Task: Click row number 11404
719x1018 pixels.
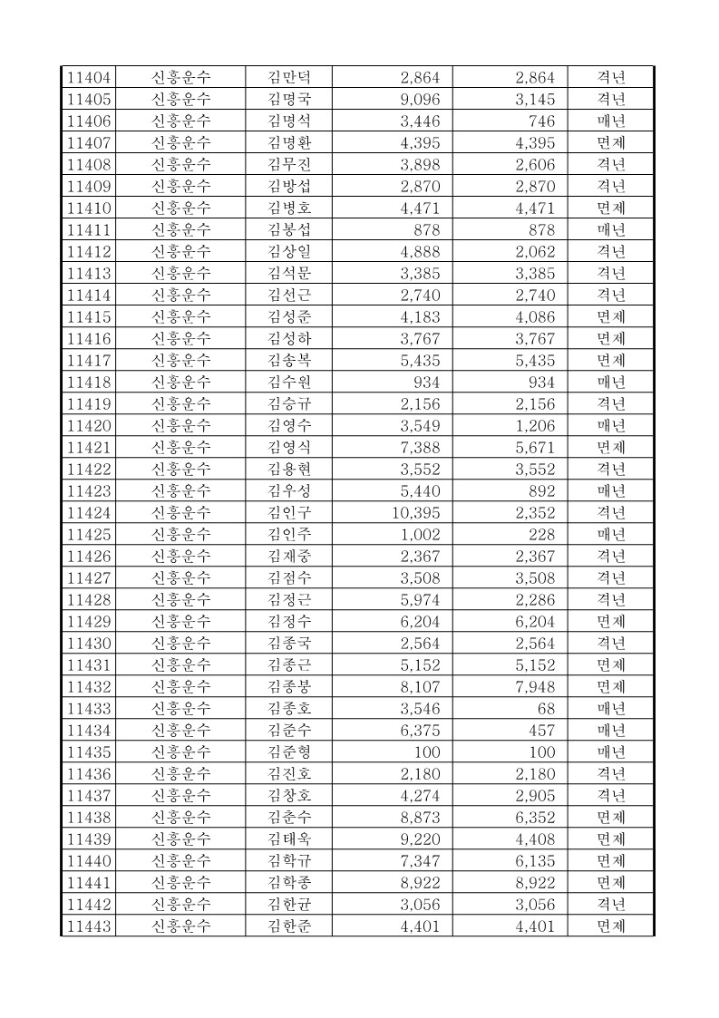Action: (89, 77)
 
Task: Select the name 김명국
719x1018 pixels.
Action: (288, 99)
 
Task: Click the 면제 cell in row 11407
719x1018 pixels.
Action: (611, 142)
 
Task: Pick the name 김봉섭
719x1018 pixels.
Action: (288, 229)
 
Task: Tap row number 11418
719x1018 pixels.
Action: (89, 382)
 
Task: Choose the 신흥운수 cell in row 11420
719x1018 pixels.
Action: (180, 425)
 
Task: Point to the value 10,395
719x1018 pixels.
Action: (415, 512)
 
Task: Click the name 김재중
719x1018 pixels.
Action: (288, 556)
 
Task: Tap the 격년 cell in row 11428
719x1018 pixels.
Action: (611, 599)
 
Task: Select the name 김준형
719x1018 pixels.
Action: (288, 751)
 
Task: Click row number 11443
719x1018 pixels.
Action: (89, 926)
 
